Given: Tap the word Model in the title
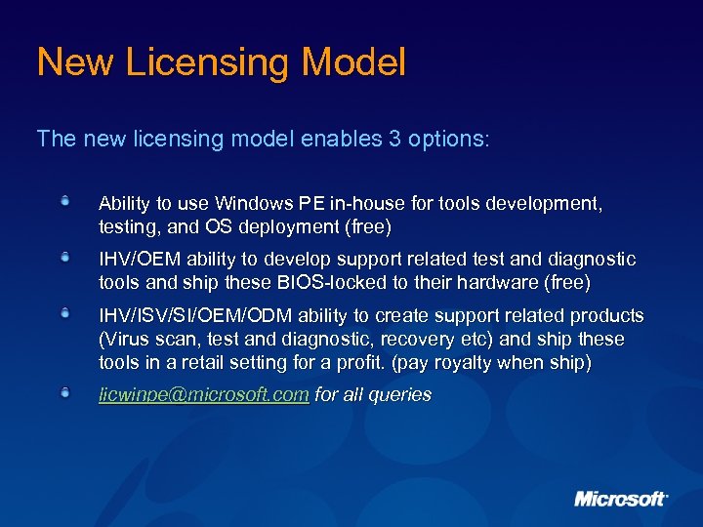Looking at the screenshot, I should (353, 63).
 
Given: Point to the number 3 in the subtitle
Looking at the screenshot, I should (394, 139).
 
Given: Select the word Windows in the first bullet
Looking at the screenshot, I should (252, 204).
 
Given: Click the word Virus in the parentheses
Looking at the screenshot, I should (126, 340).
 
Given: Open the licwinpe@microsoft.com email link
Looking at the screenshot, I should (204, 395).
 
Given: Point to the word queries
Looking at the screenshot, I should (399, 395).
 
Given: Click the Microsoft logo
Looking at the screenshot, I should (621, 499).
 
